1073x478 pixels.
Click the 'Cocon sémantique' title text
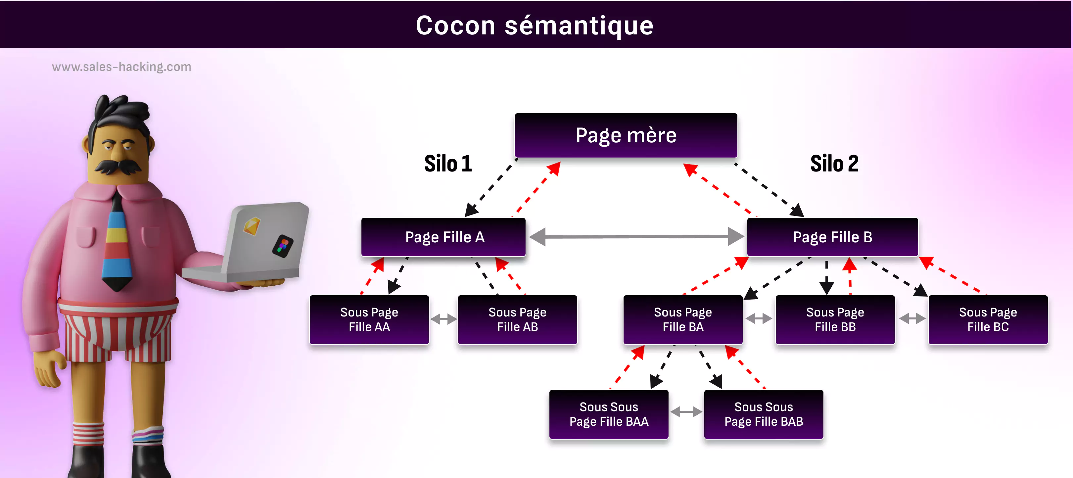(x=535, y=25)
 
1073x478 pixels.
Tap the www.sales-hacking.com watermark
(x=121, y=67)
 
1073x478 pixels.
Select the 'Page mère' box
(x=626, y=135)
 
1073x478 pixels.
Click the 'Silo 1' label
(x=448, y=164)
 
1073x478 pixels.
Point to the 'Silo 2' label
(x=834, y=164)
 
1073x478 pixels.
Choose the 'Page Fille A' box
(x=443, y=237)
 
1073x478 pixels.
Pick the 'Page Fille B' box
(x=832, y=237)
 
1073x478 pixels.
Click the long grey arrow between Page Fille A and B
(x=636, y=237)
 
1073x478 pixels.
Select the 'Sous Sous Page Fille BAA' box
(x=609, y=414)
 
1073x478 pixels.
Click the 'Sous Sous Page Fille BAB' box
(x=764, y=414)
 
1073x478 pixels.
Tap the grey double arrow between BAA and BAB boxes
(x=686, y=412)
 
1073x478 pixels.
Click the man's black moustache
(x=118, y=166)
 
